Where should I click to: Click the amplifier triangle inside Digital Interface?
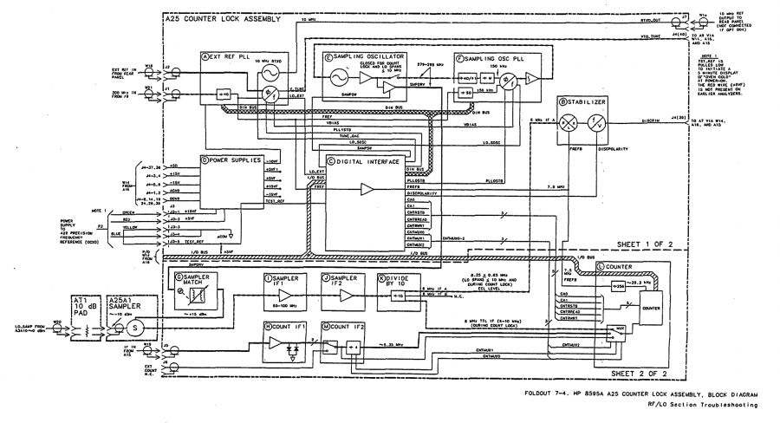367,188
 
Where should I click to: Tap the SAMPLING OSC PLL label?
484,55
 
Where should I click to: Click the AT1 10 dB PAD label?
85,304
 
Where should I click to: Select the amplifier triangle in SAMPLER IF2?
336,295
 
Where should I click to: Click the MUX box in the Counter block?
642,329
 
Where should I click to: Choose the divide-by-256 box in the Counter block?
619,284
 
